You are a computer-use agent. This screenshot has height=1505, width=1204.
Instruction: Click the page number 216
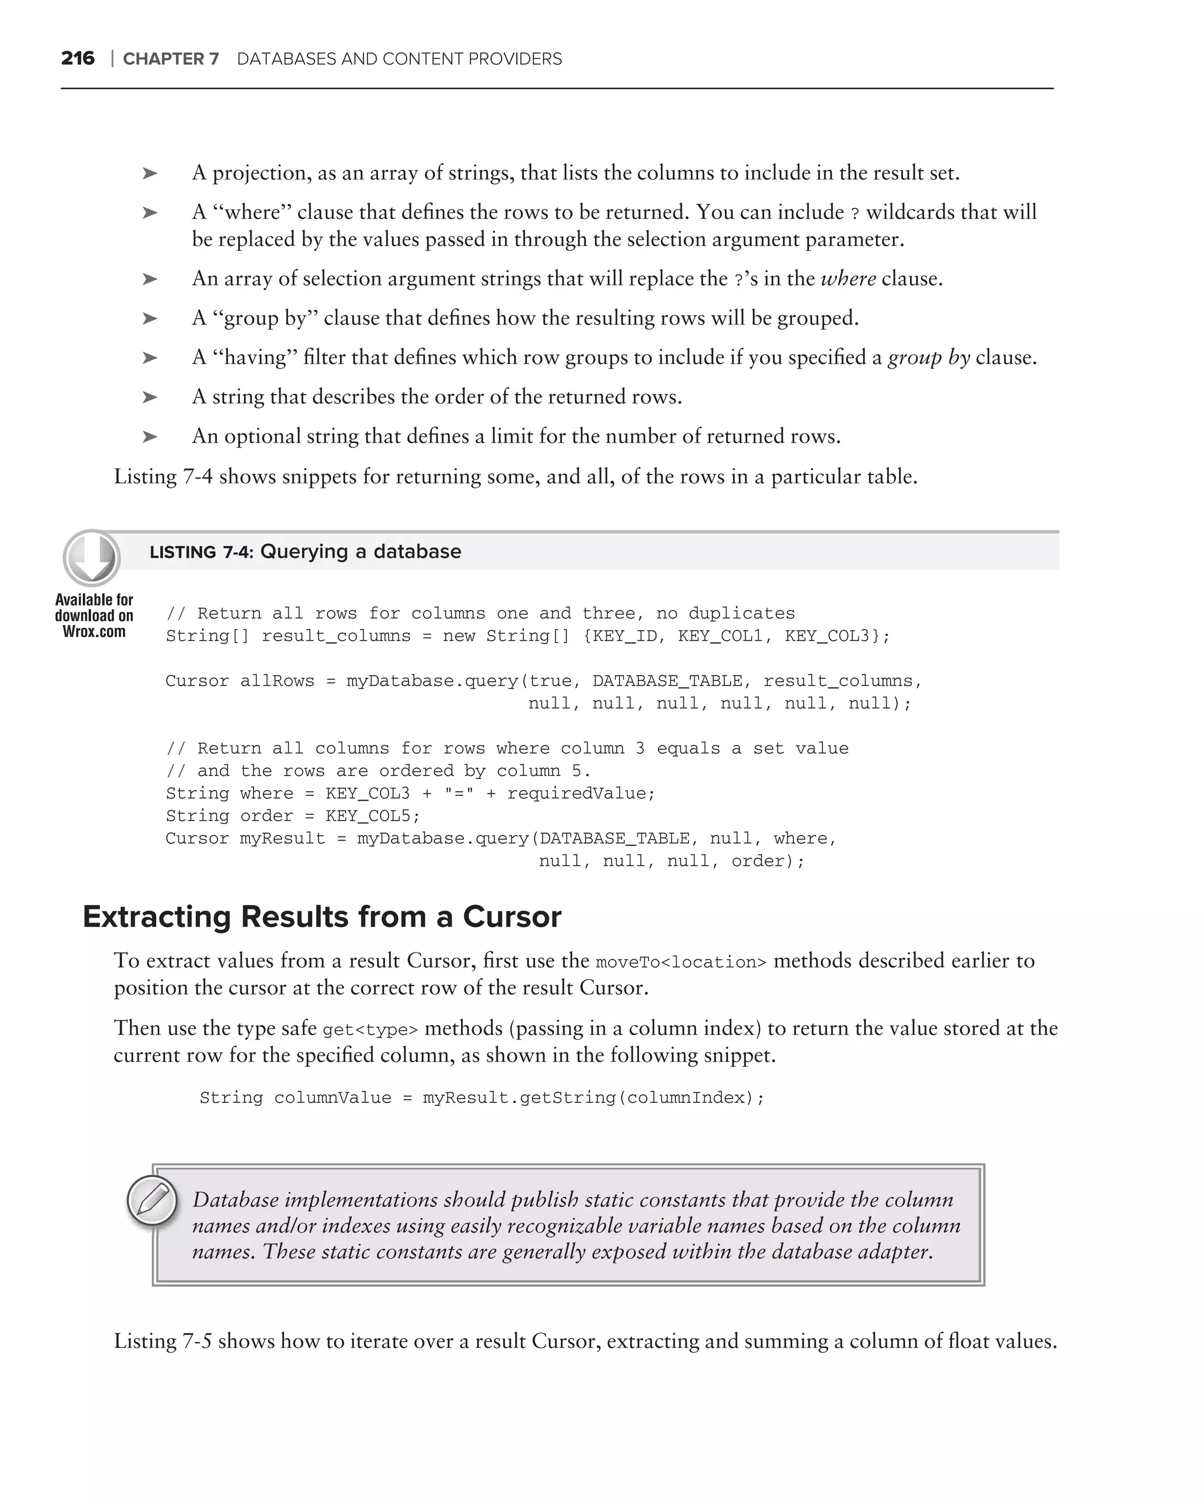click(78, 58)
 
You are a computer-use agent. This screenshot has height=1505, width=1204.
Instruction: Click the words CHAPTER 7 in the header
click(170, 59)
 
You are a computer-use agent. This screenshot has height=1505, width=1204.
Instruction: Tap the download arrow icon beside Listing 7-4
click(92, 557)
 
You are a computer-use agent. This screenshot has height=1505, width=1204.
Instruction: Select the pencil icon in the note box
click(152, 1200)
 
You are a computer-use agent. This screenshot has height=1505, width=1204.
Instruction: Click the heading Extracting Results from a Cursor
click(322, 917)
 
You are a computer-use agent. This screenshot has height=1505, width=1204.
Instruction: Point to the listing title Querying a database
click(360, 551)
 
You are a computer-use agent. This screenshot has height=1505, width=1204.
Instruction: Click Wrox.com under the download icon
click(94, 632)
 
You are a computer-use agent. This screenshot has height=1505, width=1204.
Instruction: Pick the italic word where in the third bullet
click(848, 279)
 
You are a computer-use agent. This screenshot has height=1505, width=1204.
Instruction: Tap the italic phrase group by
click(928, 357)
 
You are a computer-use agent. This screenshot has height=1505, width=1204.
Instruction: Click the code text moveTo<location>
click(681, 962)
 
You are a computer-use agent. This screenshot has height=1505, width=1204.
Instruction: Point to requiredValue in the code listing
click(578, 794)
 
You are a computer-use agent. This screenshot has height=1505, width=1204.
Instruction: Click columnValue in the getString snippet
click(332, 1098)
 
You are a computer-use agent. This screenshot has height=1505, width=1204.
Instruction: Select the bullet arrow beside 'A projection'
click(150, 173)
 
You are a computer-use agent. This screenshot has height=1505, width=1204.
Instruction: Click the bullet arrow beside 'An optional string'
click(150, 436)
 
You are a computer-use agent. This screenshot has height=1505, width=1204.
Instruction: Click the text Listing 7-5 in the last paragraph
click(163, 1341)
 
